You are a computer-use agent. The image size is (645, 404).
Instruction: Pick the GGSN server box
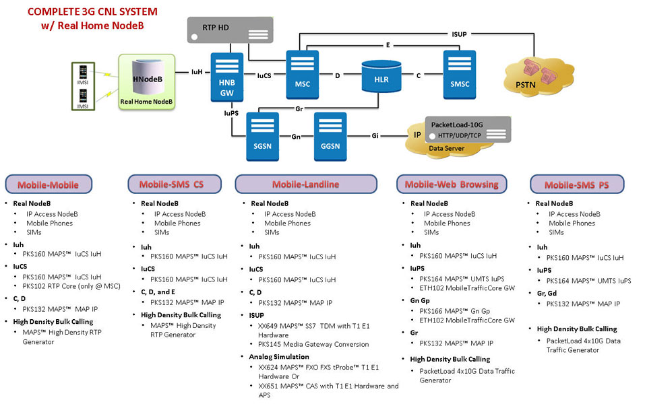coord(329,136)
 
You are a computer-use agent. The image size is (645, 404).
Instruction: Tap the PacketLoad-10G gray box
coord(467,128)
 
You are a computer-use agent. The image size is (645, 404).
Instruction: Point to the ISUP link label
coord(459,34)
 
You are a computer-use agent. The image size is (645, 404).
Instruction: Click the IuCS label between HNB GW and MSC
coord(263,75)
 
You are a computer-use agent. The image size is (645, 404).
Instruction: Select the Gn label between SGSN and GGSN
coord(295,137)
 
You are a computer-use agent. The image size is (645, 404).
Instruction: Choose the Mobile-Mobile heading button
coord(48,184)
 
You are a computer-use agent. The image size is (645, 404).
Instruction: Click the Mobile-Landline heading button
coord(305,184)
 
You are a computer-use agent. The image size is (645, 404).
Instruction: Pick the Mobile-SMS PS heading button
coord(576,184)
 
